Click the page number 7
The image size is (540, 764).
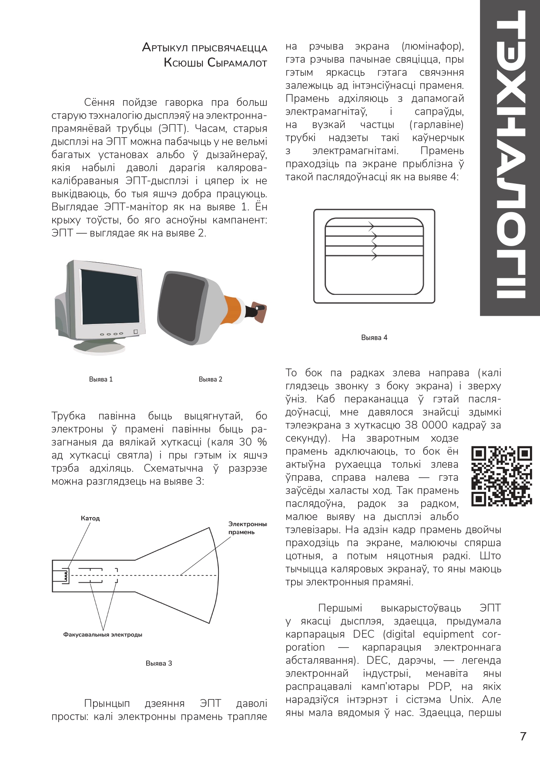click(523, 737)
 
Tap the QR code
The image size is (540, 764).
click(502, 476)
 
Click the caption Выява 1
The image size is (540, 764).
click(101, 379)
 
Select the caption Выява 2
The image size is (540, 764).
click(210, 379)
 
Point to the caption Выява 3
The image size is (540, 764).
click(159, 663)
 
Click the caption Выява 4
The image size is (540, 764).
click(374, 338)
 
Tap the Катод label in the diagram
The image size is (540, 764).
click(90, 518)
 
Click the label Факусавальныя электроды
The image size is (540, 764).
click(103, 635)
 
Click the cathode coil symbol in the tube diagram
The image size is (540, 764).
click(66, 575)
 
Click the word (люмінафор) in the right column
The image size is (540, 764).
click(433, 46)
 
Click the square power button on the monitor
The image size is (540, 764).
click(136, 332)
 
